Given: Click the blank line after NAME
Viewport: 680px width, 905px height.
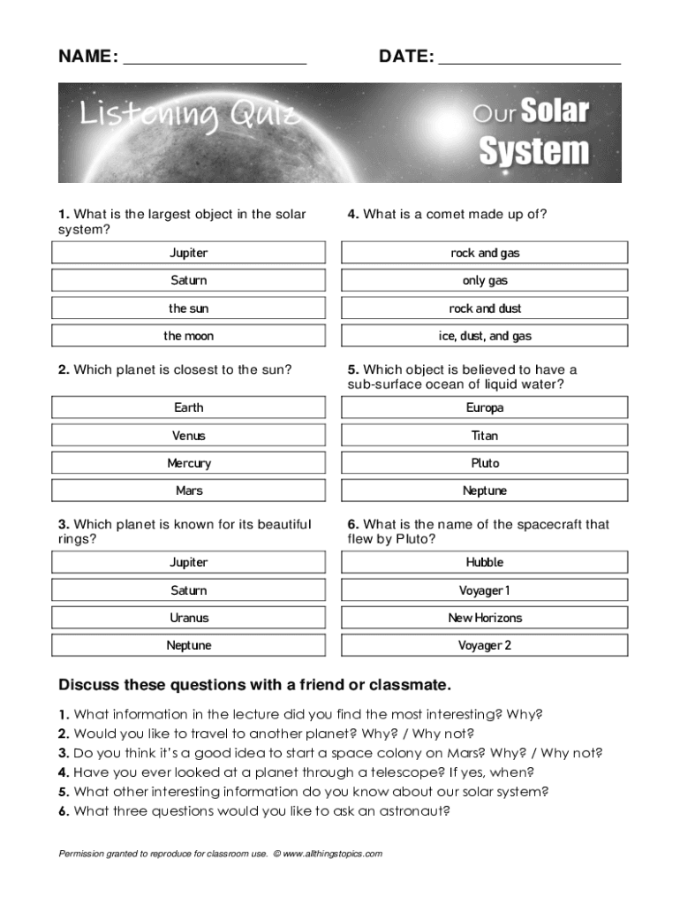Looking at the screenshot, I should click(x=215, y=58).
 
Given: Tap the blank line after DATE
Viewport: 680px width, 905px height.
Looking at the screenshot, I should click(x=529, y=58).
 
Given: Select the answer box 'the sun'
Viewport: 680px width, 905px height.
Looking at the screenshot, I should click(x=188, y=308).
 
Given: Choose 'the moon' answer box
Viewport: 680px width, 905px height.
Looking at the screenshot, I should click(x=188, y=336).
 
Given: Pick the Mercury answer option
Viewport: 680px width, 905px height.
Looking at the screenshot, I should click(x=188, y=463).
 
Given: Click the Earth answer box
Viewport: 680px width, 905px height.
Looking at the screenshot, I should click(x=188, y=407).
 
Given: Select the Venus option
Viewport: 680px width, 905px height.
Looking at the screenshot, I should click(x=188, y=436).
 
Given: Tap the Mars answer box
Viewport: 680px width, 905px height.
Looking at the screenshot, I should click(x=188, y=491).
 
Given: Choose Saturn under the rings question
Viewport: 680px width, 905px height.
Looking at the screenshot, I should click(x=188, y=590).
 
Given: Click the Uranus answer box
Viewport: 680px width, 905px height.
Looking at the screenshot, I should click(x=188, y=618).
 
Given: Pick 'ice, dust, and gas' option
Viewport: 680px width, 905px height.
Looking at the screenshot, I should click(x=485, y=336).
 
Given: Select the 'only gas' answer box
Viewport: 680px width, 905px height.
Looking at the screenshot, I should click(x=485, y=281).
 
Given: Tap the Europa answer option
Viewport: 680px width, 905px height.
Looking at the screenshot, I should click(x=485, y=407).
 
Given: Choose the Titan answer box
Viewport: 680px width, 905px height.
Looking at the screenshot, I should click(x=485, y=436).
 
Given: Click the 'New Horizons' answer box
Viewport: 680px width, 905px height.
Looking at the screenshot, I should click(x=485, y=618).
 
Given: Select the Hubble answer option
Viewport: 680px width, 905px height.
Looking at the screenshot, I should click(x=485, y=562).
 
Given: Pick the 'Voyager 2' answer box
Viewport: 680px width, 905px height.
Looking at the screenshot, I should click(x=485, y=645).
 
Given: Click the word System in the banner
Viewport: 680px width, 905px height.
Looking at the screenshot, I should click(x=533, y=150).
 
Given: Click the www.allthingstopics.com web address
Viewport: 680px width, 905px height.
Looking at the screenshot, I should click(x=332, y=854).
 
